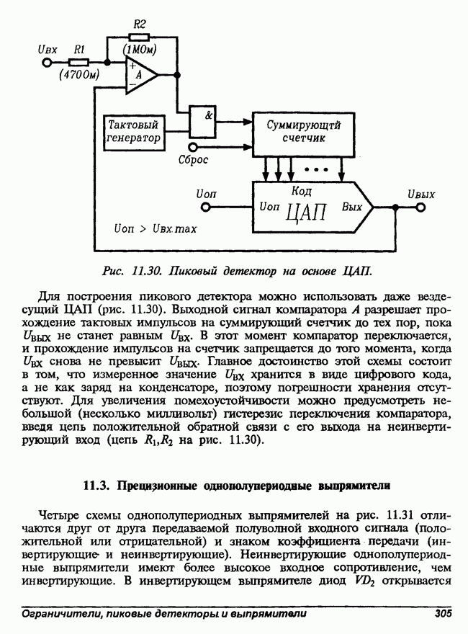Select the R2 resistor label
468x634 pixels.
click(140, 24)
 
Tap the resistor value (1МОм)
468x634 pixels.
click(140, 50)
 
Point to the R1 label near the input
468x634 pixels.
click(80, 49)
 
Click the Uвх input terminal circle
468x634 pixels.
click(48, 63)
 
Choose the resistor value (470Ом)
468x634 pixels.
click(79, 74)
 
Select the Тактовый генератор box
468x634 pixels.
click(133, 131)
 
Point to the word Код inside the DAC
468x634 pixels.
click(302, 192)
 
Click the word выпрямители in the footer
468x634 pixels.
click(271, 614)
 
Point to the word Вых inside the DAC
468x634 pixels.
click(351, 207)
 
